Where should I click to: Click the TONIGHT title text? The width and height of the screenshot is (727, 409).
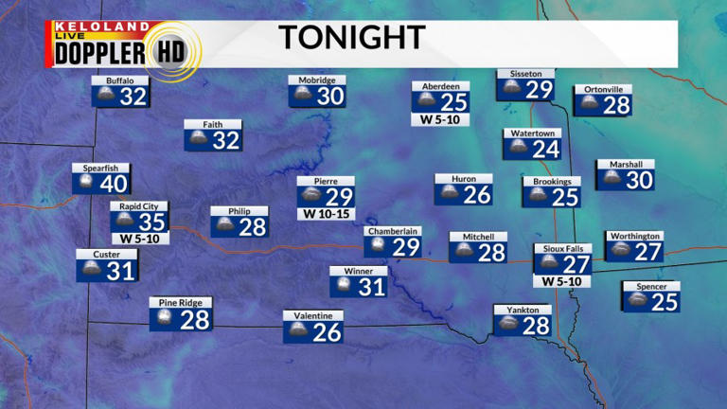pyautogui.click(x=351, y=38)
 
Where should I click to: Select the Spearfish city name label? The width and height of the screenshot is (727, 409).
pyautogui.click(x=100, y=169)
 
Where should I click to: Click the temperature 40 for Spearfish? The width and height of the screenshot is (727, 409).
pyautogui.click(x=114, y=184)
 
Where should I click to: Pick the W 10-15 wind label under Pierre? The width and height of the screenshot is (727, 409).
pyautogui.click(x=326, y=214)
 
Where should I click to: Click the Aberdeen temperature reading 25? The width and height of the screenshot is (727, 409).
pyautogui.click(x=455, y=102)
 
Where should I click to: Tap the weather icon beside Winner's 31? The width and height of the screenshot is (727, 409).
pyautogui.click(x=340, y=286)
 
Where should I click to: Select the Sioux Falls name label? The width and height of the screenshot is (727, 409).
pyautogui.click(x=562, y=249)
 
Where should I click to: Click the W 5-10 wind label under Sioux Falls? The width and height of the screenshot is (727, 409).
pyautogui.click(x=562, y=281)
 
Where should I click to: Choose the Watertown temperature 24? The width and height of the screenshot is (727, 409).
pyautogui.click(x=545, y=149)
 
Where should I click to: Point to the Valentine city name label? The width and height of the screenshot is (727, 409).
pyautogui.click(x=312, y=315)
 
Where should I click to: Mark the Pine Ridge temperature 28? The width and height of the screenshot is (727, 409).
pyautogui.click(x=194, y=320)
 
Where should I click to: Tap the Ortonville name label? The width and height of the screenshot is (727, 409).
pyautogui.click(x=603, y=90)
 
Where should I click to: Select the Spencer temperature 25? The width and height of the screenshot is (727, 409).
pyautogui.click(x=665, y=302)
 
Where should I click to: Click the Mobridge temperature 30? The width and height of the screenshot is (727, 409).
pyautogui.click(x=329, y=96)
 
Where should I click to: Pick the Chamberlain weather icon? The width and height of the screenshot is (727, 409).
pyautogui.click(x=377, y=247)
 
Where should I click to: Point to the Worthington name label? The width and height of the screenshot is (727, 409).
pyautogui.click(x=633, y=236)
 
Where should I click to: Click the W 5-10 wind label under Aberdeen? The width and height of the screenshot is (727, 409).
pyautogui.click(x=440, y=120)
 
